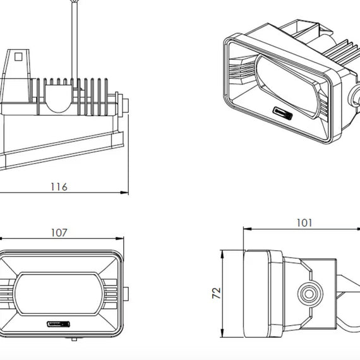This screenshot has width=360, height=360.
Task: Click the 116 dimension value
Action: [x=59, y=187]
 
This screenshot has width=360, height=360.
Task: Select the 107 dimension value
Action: [x=59, y=233]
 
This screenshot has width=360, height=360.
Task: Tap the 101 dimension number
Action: [x=304, y=223]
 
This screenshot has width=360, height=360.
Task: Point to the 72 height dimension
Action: [x=216, y=293]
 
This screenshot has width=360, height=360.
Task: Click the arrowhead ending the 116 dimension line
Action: [x=124, y=193]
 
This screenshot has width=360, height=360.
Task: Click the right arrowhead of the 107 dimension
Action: [x=120, y=239]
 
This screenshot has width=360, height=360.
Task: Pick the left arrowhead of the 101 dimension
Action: [x=248, y=229]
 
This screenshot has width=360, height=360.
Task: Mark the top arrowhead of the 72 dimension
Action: [x=222, y=254]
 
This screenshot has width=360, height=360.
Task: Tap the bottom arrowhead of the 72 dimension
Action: [x=222, y=333]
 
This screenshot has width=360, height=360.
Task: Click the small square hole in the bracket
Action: [x=18, y=56]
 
